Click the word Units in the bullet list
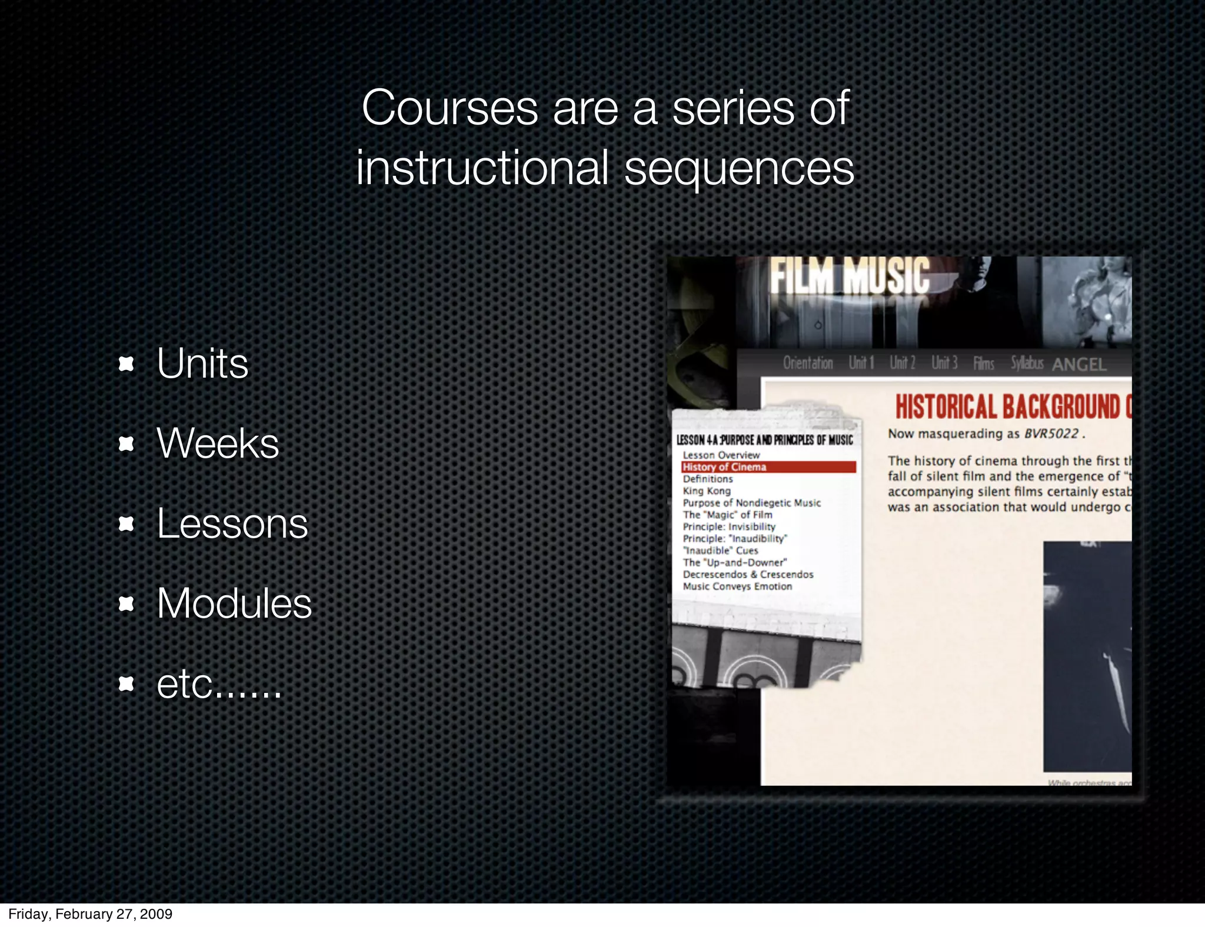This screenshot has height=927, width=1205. [202, 364]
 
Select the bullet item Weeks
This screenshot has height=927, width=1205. [218, 444]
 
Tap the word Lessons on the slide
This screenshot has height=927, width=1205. [232, 523]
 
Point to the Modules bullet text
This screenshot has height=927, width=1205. [234, 603]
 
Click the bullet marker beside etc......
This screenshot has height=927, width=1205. [126, 683]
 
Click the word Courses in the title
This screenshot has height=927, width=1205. [450, 108]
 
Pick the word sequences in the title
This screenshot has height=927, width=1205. [738, 168]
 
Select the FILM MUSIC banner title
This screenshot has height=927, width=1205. [850, 276]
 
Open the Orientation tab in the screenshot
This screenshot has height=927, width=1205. [807, 363]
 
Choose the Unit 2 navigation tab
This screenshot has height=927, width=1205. [902, 363]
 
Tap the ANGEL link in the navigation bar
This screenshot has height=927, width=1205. [1079, 365]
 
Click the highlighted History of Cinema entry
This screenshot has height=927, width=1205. [724, 467]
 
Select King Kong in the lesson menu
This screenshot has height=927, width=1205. [707, 491]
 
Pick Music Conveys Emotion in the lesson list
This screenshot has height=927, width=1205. [737, 586]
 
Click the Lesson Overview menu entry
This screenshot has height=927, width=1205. [721, 455]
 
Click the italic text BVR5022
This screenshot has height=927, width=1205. [1051, 434]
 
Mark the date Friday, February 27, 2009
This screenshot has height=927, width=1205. [90, 913]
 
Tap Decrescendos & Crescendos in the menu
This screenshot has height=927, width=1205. [748, 574]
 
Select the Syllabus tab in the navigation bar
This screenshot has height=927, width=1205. [1027, 363]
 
